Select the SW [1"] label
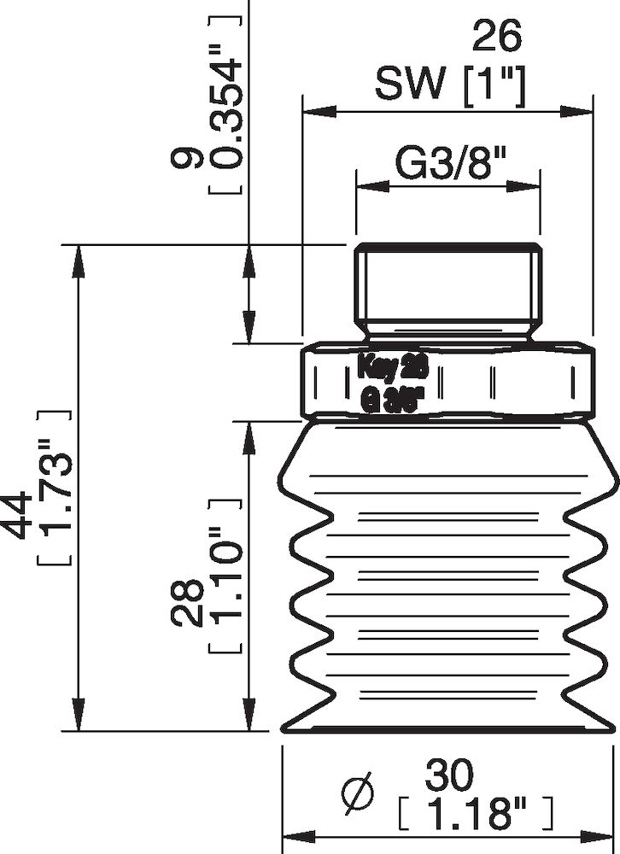449,84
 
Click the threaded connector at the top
448,286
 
